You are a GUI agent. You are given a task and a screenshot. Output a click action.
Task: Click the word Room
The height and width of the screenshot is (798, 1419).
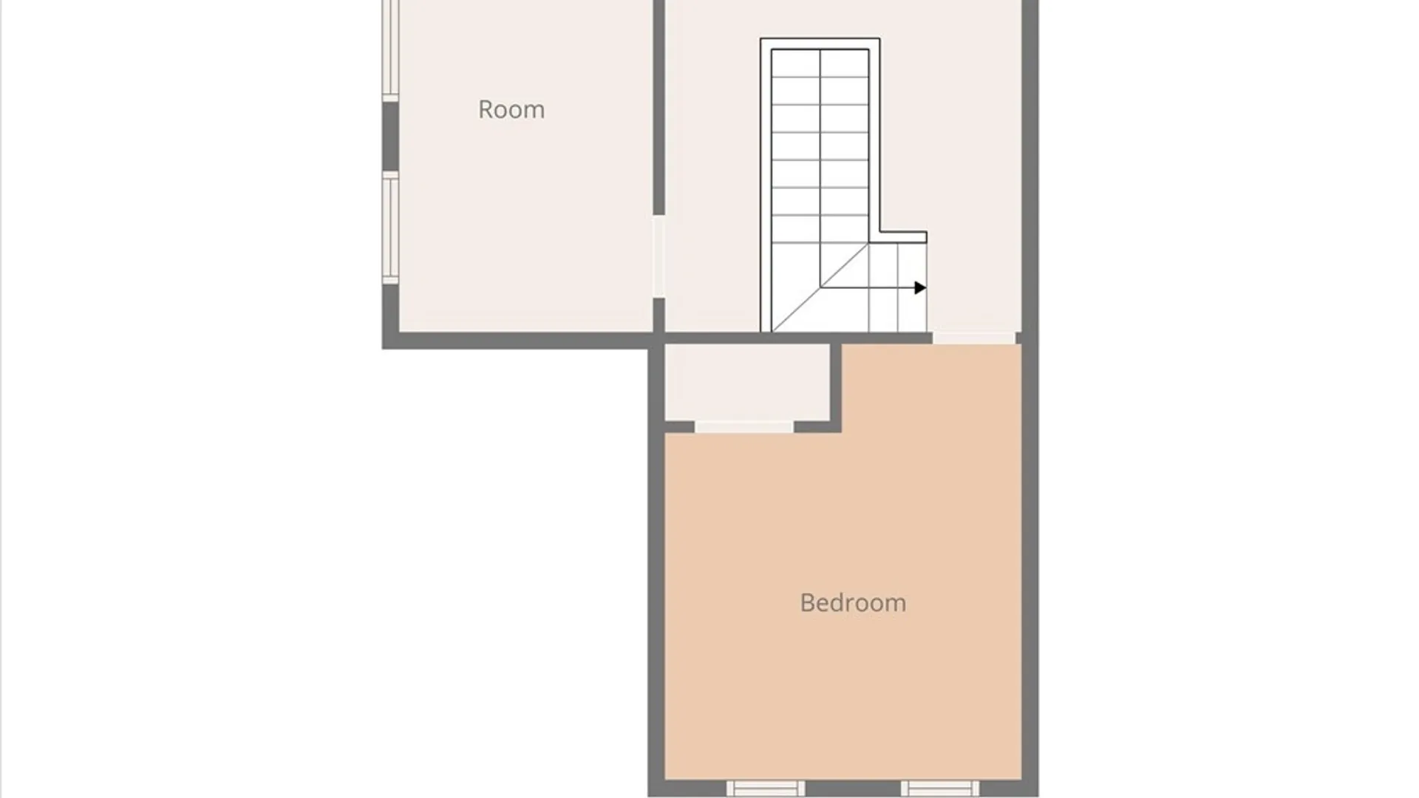pos(511,109)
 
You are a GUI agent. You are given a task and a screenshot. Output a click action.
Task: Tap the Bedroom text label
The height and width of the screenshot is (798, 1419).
pos(853,603)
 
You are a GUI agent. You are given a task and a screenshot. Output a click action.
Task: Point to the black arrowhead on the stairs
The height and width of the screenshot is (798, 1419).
pos(920,287)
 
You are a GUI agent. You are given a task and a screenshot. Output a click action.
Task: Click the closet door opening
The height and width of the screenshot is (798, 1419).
pos(744,427)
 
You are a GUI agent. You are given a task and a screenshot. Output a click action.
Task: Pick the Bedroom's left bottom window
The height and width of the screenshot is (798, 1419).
pos(765,788)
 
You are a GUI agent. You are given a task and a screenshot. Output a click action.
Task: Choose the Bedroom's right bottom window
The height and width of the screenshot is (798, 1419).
pos(940,788)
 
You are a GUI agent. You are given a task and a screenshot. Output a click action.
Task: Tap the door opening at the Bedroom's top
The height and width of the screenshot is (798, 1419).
pos(973,338)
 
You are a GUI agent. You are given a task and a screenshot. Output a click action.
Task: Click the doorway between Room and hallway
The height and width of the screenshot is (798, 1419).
pos(659,256)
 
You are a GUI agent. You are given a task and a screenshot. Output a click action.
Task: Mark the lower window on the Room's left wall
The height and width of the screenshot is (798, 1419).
pos(390,228)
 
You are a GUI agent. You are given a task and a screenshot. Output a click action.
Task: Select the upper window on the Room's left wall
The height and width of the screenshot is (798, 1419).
pos(390,48)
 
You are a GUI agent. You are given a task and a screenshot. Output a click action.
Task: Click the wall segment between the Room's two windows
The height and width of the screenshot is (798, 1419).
pos(390,136)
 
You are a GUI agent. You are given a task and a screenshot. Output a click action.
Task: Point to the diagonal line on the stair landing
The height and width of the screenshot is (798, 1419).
pos(820,287)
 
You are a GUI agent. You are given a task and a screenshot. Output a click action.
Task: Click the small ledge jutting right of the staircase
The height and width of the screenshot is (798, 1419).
pos(903,237)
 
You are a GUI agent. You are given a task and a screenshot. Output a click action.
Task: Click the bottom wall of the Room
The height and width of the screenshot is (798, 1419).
pos(517,341)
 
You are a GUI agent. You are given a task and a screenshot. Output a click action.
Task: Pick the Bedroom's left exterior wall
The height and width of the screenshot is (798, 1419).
pos(656,569)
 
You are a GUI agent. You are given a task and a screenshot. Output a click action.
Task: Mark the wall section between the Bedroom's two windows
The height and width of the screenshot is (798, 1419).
pos(853,788)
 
